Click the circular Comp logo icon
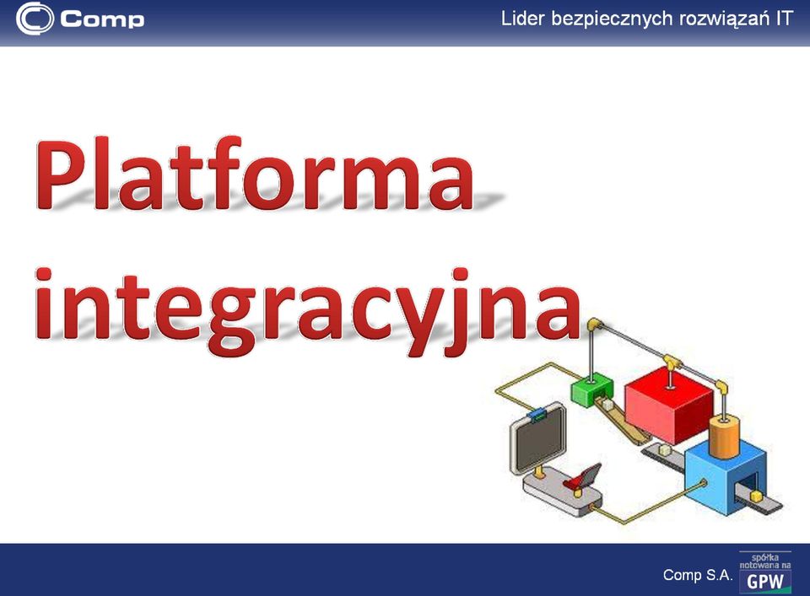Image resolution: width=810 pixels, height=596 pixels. [35, 19]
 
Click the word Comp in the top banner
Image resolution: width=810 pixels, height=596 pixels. [102, 19]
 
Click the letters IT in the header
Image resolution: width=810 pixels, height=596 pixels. [783, 19]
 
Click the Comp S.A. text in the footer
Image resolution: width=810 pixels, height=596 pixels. [698, 575]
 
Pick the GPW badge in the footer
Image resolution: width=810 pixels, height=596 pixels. [765, 572]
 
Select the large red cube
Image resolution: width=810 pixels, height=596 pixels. [669, 405]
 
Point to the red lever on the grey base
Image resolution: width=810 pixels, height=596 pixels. [583, 477]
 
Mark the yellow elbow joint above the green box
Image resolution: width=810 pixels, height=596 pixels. [595, 325]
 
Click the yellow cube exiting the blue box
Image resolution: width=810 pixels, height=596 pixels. [756, 496]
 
